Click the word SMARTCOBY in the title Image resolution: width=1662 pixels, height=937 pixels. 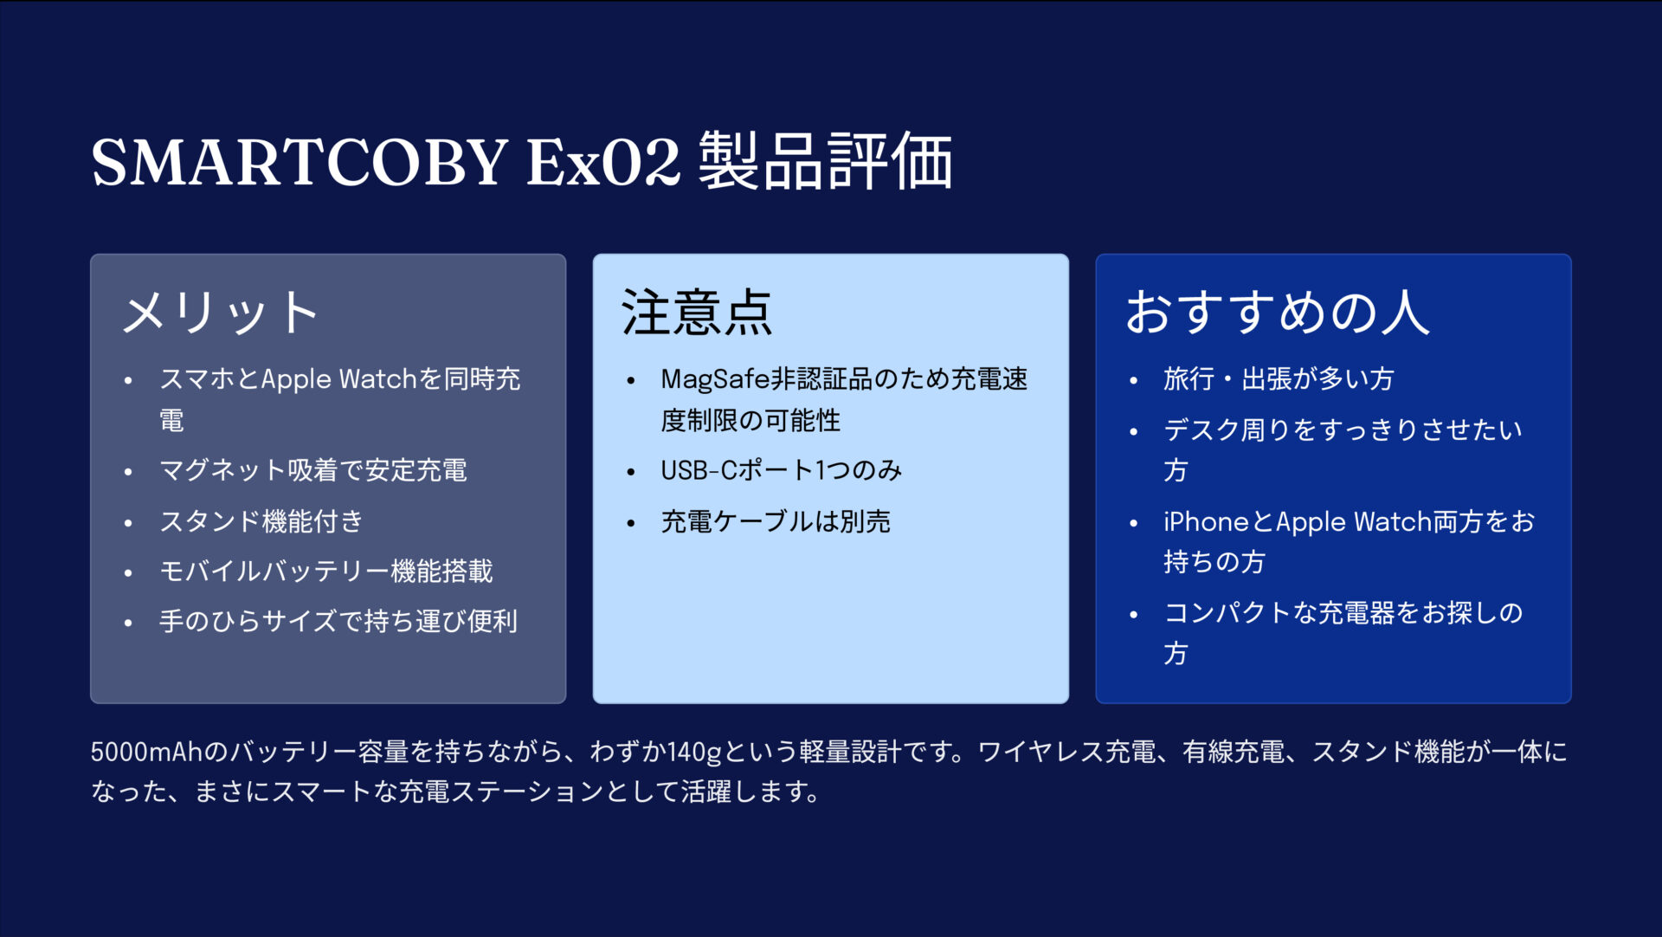299,162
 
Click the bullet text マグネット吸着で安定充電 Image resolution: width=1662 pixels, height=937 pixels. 313,470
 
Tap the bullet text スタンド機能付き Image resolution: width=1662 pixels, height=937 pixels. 261,521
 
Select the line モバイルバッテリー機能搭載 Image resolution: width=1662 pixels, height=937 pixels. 326,572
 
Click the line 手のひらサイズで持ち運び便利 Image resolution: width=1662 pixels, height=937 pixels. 338,622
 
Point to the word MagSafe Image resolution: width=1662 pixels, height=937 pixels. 715,379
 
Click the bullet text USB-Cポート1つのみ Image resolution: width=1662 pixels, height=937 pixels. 781,470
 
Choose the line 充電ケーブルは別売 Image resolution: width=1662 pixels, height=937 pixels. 776,521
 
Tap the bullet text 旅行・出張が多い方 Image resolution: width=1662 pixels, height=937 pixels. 1279,379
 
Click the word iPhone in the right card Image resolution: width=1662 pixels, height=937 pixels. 1206,521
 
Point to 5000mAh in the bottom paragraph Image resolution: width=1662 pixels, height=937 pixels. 146,752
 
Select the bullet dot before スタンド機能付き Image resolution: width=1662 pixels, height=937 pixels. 128,523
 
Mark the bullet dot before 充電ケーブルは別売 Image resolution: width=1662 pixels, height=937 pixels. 631,523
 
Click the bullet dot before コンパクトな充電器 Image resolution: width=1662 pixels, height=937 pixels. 1134,615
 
